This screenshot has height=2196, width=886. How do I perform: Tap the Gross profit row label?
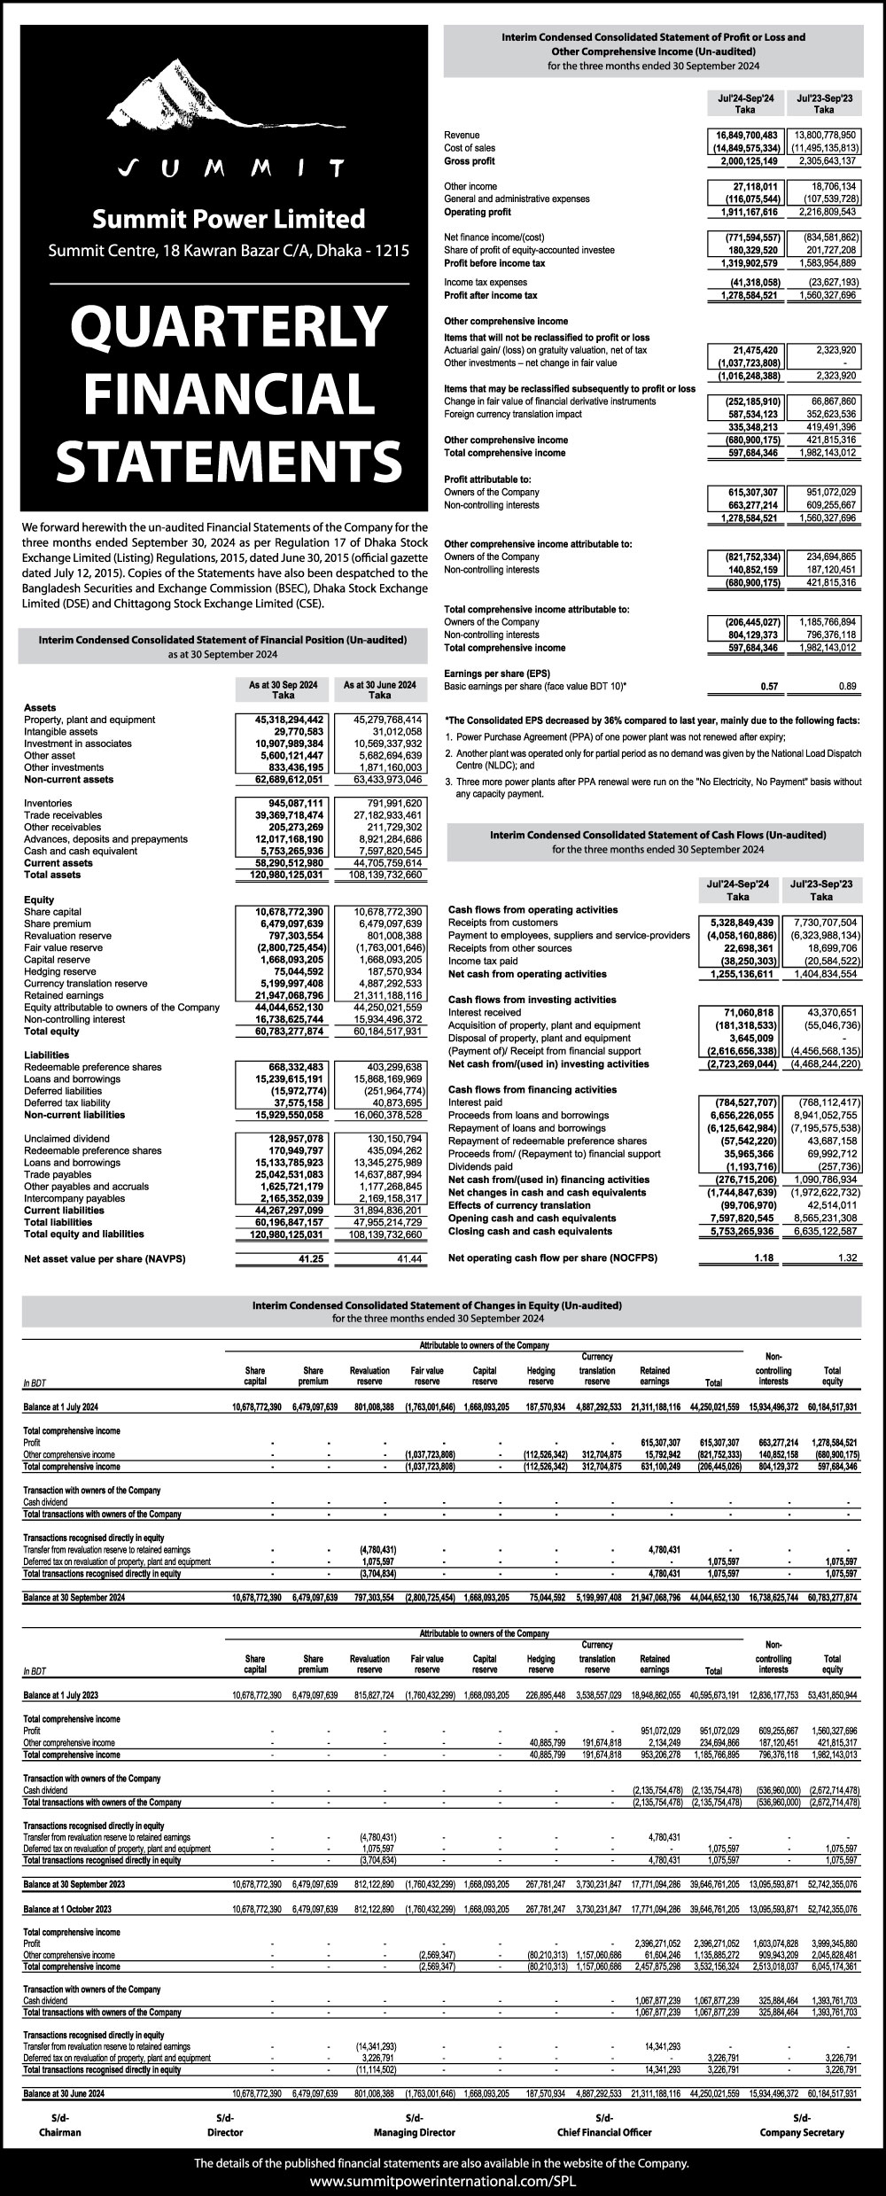pos(469,161)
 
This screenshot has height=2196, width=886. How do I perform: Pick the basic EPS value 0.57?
pos(768,687)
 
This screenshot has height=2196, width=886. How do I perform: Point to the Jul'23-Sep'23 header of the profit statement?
pos(823,104)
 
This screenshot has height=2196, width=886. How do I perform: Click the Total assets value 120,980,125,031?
pos(280,875)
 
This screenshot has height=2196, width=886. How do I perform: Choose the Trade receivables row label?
pos(63,815)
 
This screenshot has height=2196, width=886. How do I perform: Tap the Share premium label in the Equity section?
pos(57,923)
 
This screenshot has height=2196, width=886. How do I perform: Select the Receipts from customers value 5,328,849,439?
pos(739,923)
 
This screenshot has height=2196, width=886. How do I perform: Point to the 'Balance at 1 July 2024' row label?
pos(61,1406)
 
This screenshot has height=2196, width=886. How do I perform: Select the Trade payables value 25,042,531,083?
pos(280,1174)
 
